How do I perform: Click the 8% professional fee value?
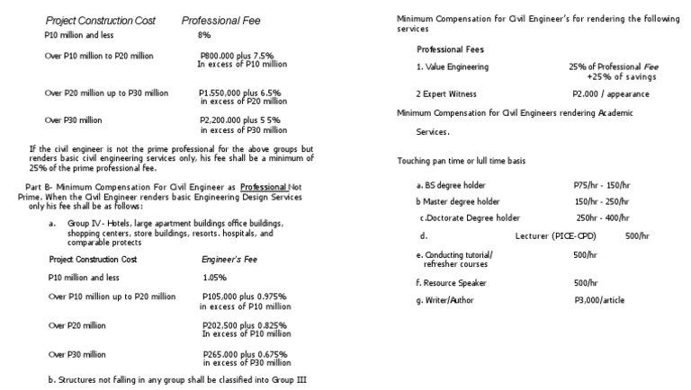(x=203, y=35)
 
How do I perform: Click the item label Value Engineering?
(x=453, y=67)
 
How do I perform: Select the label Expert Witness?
(x=446, y=93)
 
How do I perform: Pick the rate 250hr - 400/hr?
(x=604, y=217)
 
